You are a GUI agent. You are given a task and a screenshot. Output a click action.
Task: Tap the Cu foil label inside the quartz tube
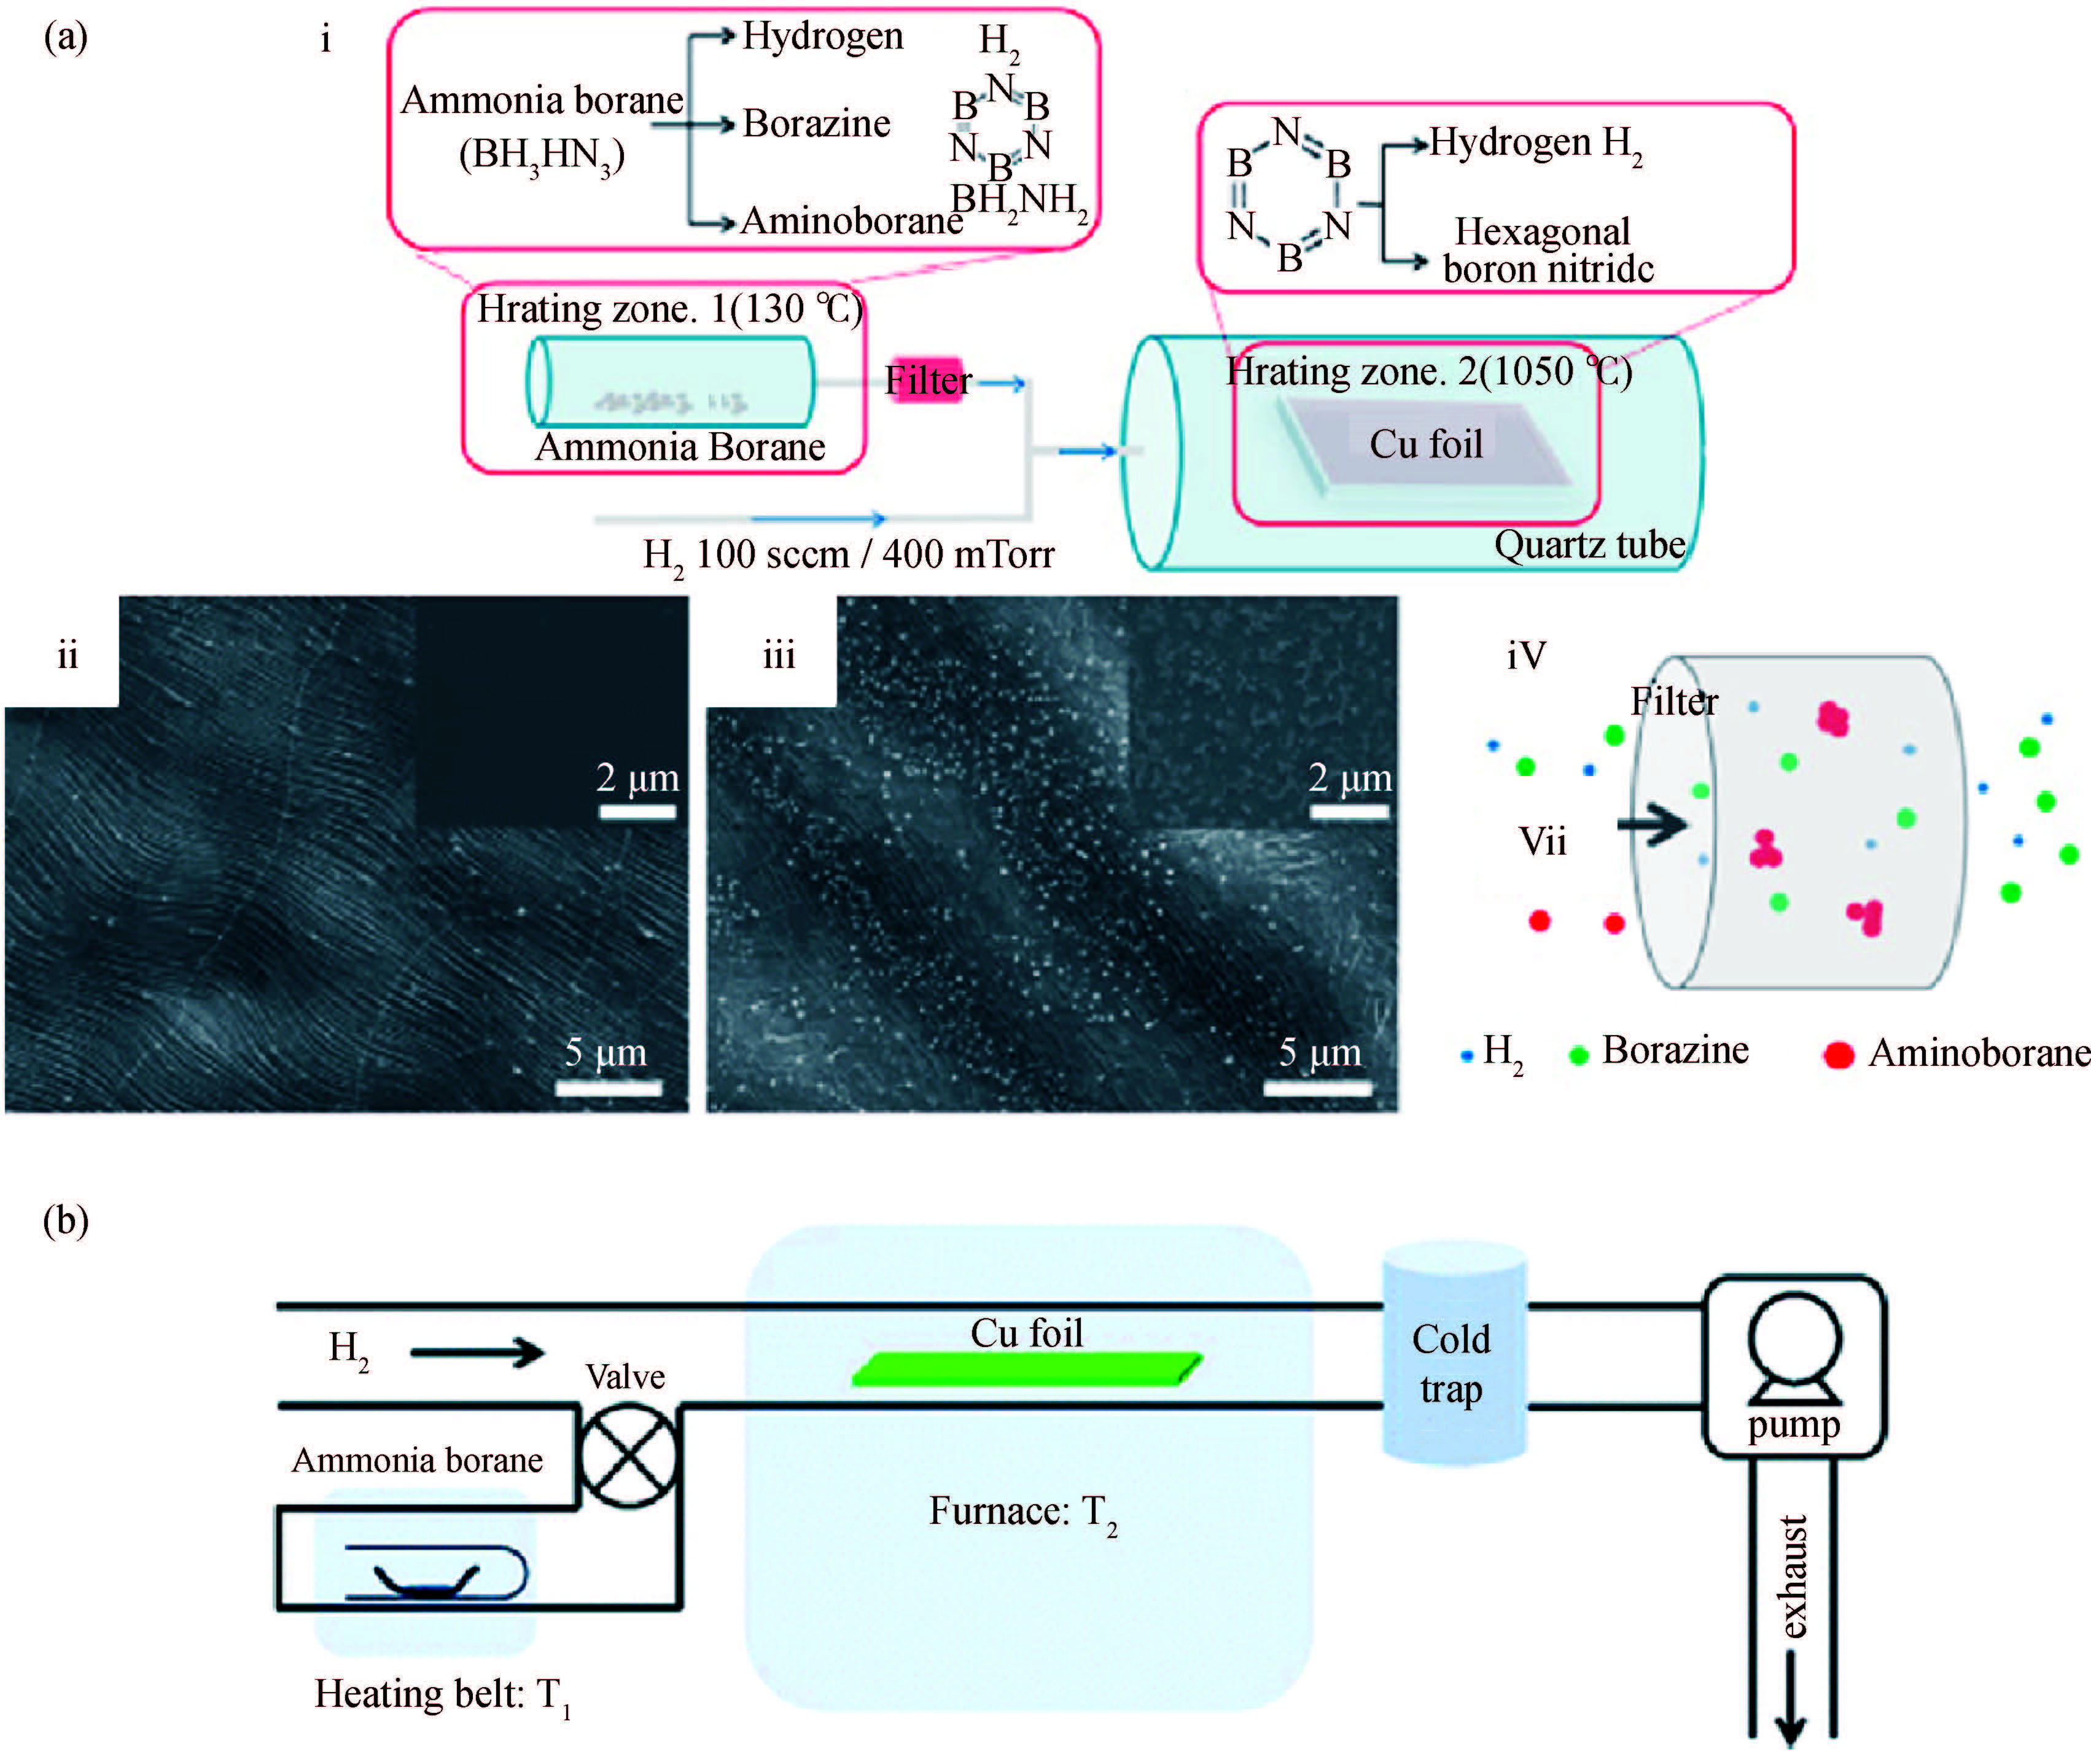(1426, 444)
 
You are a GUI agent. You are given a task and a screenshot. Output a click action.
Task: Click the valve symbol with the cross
(628, 1455)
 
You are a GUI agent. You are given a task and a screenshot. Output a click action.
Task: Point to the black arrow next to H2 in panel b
(477, 1352)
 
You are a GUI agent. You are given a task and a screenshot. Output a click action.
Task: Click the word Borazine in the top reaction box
(817, 123)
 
